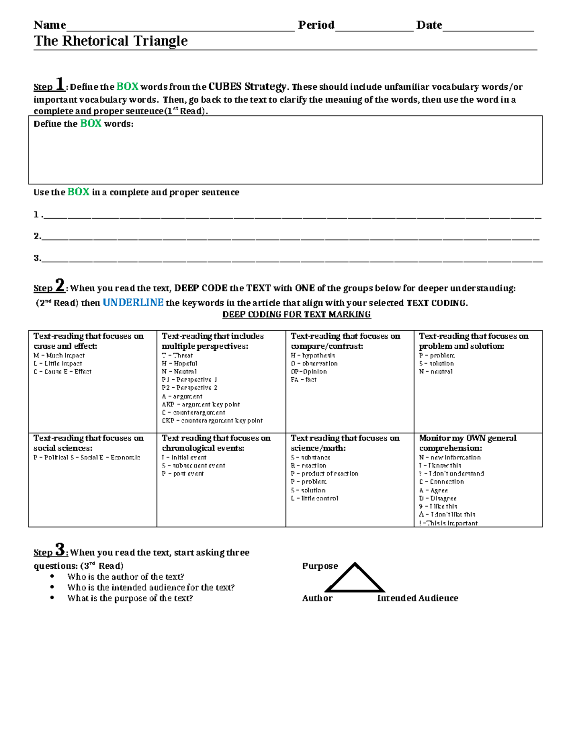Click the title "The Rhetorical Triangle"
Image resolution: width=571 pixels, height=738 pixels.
tap(110, 41)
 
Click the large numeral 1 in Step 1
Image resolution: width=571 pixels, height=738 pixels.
tap(60, 84)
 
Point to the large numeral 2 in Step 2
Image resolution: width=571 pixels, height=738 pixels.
tap(60, 286)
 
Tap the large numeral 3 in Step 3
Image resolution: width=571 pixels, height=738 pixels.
tap(60, 550)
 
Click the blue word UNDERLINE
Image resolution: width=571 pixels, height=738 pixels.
tap(133, 303)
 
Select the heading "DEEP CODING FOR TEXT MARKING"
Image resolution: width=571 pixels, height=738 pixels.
tap(296, 315)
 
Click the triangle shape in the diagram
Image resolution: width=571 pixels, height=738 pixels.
tap(355, 579)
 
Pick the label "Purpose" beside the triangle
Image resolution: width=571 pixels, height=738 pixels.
tap(320, 566)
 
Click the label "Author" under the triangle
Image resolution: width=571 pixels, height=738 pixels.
tap(317, 598)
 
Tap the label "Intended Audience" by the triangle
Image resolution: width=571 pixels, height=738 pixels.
tap(417, 598)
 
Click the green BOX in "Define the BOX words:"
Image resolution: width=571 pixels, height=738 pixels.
tap(90, 124)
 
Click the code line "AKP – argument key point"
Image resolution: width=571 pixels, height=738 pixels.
tap(201, 404)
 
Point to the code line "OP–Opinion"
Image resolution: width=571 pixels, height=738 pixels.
tap(309, 372)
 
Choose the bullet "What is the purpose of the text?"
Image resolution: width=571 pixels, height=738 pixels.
tap(130, 598)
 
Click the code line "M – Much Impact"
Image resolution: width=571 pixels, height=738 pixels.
tap(59, 355)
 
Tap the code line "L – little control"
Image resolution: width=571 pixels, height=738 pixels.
tap(315, 498)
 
